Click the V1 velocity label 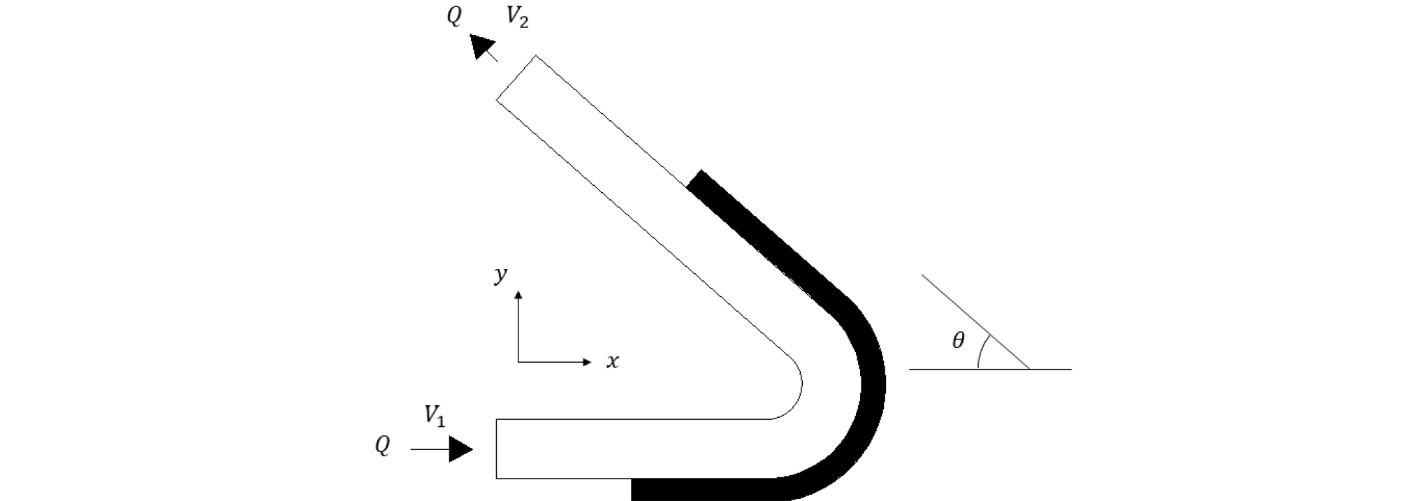(x=434, y=416)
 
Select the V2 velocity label (x=517, y=17)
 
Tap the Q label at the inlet (x=382, y=445)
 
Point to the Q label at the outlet (x=454, y=16)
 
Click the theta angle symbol (x=958, y=340)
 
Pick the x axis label (x=612, y=362)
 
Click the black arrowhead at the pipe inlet (x=461, y=449)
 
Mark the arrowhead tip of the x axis (x=592, y=362)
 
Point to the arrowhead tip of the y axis (x=518, y=291)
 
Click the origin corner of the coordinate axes (x=518, y=362)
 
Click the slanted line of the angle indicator (x=976, y=322)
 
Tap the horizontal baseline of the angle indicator (x=990, y=369)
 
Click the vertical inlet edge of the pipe (x=496, y=449)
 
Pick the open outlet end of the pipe (x=516, y=78)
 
